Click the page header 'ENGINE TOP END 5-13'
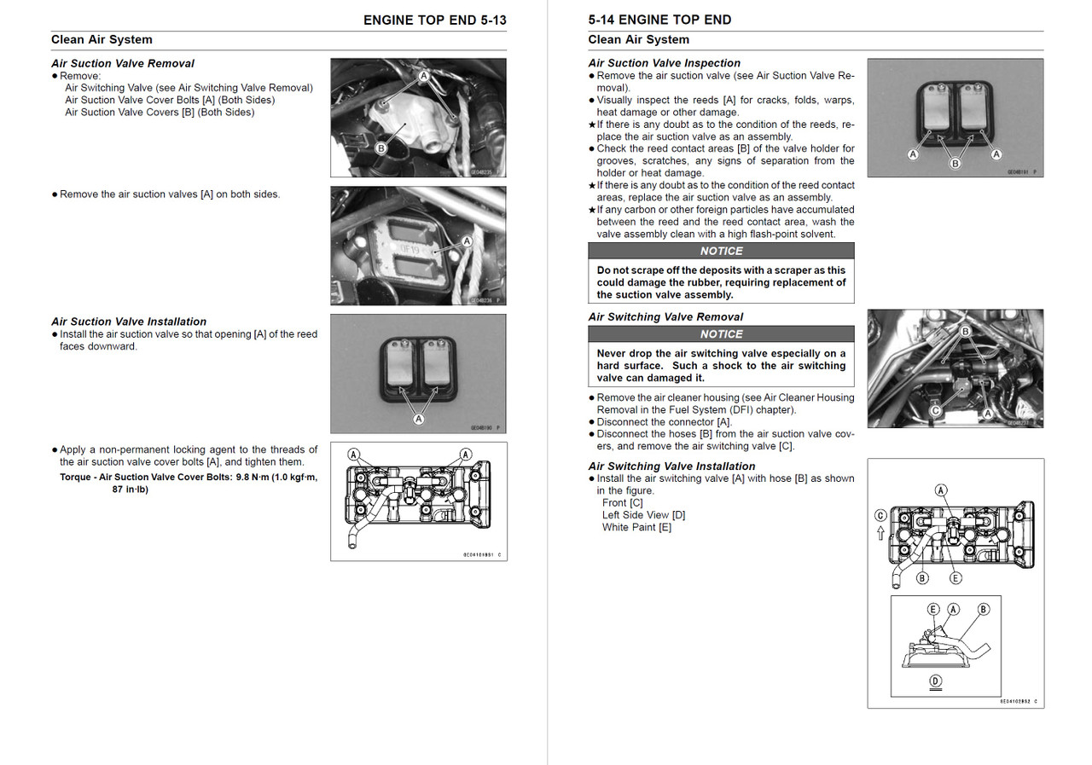[434, 20]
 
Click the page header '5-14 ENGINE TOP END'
[659, 20]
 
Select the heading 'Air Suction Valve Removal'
[122, 63]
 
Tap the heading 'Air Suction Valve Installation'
[128, 322]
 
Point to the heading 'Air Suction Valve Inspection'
[664, 63]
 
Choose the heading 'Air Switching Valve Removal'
[665, 316]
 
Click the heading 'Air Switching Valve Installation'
[671, 466]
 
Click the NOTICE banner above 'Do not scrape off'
[721, 251]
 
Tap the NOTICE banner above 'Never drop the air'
[721, 334]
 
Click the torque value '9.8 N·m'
[255, 477]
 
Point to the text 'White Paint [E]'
[636, 527]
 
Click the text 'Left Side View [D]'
[643, 514]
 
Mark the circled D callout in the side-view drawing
[935, 681]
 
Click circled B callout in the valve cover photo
[381, 148]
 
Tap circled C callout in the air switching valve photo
[935, 410]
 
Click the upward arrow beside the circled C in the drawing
[880, 533]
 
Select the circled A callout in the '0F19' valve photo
[467, 241]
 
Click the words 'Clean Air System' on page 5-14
[638, 39]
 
